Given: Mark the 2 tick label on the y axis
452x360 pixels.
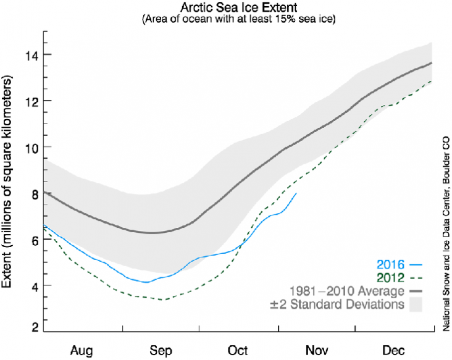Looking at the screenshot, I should click(35, 327).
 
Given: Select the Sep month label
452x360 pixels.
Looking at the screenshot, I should click(161, 350).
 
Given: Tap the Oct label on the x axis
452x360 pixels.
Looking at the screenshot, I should click(237, 350).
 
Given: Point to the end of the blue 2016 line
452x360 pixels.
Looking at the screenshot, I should click(297, 193).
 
